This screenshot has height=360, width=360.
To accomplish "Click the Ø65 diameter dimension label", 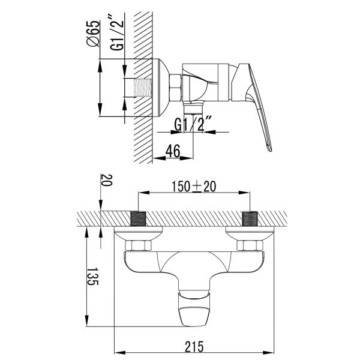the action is tap(94, 34).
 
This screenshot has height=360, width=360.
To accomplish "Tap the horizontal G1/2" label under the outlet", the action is tap(193, 124).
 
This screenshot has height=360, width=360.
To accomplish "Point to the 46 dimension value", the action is tap(173, 151).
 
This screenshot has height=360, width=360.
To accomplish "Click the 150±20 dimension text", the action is tap(194, 187).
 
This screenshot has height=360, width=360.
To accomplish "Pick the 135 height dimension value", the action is tap(93, 276).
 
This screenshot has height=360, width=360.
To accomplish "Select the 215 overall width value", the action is tap(194, 346).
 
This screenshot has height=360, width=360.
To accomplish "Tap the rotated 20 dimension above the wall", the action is tap(107, 180).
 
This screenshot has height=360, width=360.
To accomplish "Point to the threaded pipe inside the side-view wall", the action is tap(143, 88).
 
